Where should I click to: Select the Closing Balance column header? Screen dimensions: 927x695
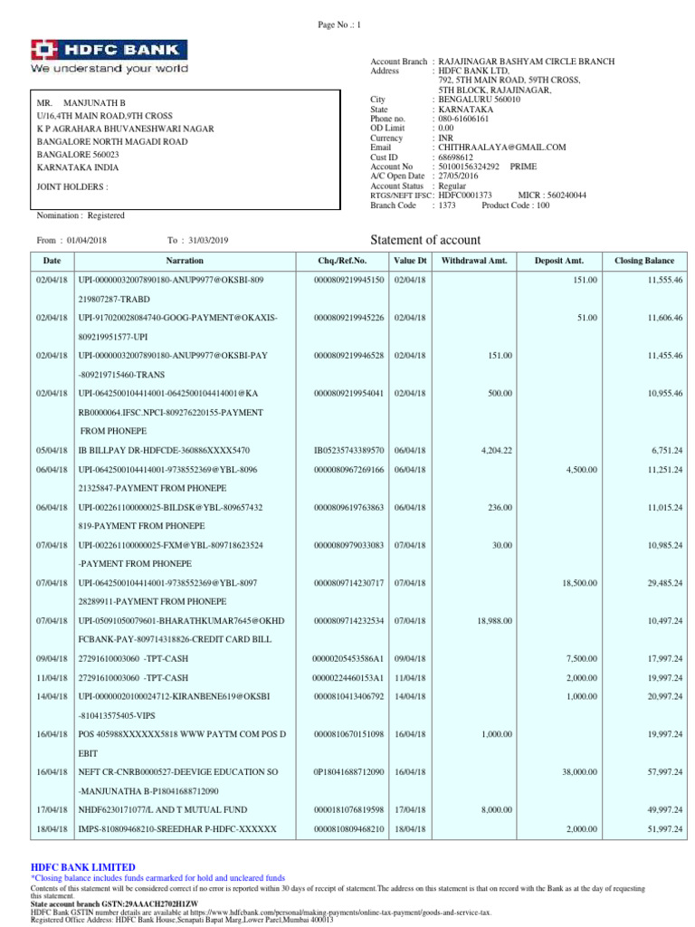tap(644, 261)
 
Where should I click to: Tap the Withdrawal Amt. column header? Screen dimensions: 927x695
tap(474, 261)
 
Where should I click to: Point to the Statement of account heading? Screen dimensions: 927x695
tap(425, 240)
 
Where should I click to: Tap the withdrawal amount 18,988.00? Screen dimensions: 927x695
tap(494, 620)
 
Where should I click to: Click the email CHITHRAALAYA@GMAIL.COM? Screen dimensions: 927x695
tap(502, 148)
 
